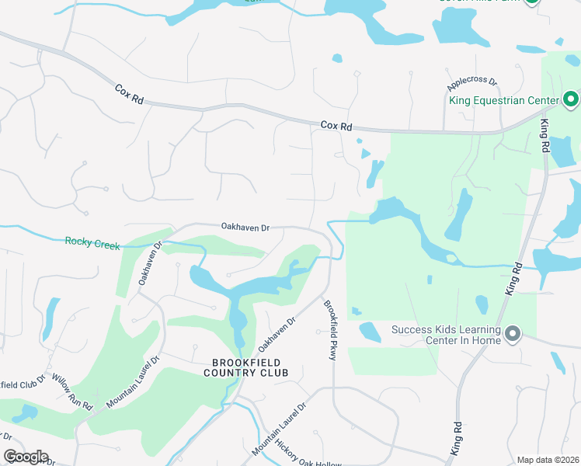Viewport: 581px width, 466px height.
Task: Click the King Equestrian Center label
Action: point(504,99)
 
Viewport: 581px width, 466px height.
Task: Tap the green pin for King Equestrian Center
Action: point(571,99)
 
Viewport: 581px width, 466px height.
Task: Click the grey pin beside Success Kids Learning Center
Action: point(512,335)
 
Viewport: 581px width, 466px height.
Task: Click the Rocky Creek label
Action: point(92,244)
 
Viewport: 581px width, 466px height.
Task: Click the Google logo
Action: point(26,457)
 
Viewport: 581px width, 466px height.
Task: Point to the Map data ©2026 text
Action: point(548,460)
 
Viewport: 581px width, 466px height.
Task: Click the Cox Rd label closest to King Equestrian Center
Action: point(336,126)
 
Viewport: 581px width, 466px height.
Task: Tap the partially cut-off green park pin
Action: point(531,2)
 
